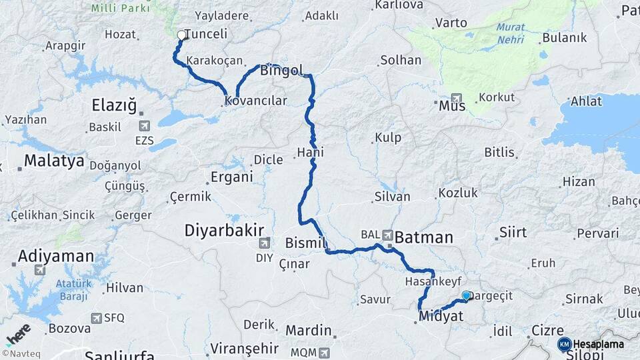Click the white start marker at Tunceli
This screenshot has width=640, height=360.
[x=181, y=35]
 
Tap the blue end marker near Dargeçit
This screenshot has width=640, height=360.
[x=466, y=295]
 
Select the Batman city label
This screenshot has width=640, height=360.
[x=424, y=237]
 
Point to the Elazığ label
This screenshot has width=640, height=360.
[x=114, y=105]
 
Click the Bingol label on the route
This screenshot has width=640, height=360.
[x=282, y=70]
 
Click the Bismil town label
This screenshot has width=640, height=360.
[x=305, y=242]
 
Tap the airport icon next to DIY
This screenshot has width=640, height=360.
[x=265, y=243]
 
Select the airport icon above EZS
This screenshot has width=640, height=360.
[x=144, y=125]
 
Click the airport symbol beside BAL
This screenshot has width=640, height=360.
[x=389, y=234]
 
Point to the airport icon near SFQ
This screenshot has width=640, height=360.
[x=97, y=318]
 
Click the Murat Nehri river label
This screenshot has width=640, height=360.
[x=510, y=34]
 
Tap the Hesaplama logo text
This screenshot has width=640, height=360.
[x=599, y=344]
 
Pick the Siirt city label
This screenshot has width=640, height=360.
[x=512, y=233]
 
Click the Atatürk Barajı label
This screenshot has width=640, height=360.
[x=73, y=289]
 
